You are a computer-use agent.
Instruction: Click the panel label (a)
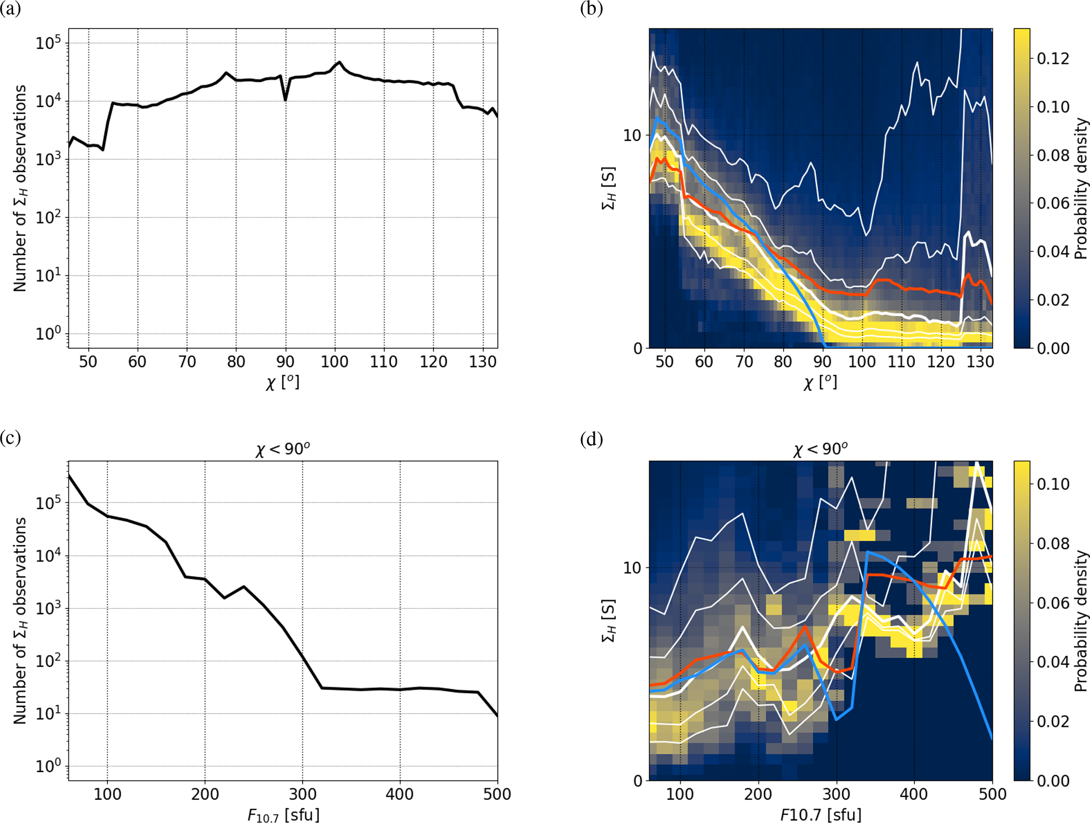11,9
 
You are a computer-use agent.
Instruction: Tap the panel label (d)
591,439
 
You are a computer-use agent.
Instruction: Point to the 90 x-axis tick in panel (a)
285,362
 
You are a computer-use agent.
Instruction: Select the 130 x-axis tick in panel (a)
483,362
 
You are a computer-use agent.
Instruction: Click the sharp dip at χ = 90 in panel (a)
285,99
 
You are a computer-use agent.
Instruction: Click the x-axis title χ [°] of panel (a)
283,382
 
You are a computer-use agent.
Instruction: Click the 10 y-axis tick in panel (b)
632,135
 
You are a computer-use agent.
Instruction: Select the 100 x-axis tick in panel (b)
862,362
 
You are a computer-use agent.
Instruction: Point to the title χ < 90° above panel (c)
283,449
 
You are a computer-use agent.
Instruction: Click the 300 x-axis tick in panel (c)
303,794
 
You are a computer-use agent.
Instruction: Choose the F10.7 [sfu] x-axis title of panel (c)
283,815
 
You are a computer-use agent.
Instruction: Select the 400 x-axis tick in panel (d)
914,794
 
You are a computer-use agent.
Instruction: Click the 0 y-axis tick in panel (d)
638,781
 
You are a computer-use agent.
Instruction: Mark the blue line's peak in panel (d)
867,552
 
